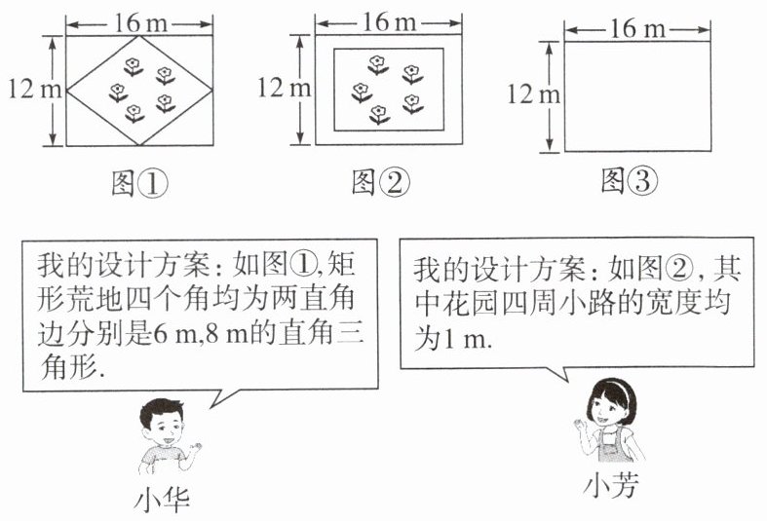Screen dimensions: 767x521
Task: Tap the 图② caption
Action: (381, 181)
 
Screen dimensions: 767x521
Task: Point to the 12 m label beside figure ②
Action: (284, 88)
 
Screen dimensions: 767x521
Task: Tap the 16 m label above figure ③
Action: (637, 29)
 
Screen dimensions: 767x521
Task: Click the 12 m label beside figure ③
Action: (534, 94)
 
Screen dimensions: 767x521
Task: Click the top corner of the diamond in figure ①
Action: (139, 37)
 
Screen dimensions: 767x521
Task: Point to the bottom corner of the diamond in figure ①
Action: (139, 145)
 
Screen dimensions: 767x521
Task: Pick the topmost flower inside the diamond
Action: (134, 65)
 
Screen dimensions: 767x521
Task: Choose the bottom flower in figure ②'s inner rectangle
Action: (378, 115)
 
